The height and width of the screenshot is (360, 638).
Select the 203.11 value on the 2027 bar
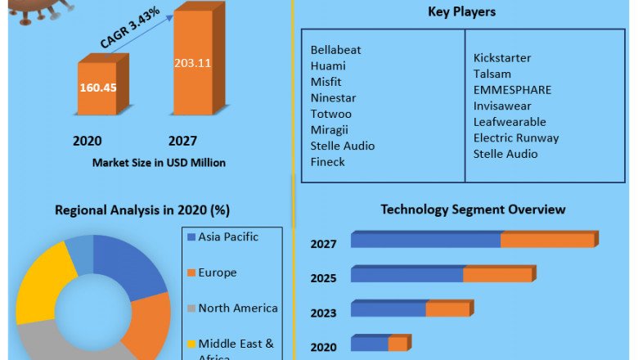pyautogui.click(x=192, y=62)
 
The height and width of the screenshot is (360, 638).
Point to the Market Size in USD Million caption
pyautogui.click(x=159, y=163)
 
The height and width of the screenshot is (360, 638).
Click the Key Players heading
pyautogui.click(x=461, y=12)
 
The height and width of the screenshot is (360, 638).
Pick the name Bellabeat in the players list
pyautogui.click(x=335, y=50)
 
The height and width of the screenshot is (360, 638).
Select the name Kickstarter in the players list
pyautogui.click(x=502, y=58)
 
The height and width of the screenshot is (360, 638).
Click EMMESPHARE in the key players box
pyautogui.click(x=512, y=90)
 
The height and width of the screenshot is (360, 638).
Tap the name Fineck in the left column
pyautogui.click(x=327, y=162)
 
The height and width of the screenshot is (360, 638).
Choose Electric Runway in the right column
pyautogui.click(x=515, y=137)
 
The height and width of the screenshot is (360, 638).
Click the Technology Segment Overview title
pyautogui.click(x=473, y=209)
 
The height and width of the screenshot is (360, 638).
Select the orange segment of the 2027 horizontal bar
pyautogui.click(x=547, y=240)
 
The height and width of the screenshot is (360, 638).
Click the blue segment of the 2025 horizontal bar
pyautogui.click(x=407, y=275)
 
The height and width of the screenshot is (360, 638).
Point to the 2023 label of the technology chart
pyautogui.click(x=323, y=313)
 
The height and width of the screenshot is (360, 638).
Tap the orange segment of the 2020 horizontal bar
pyautogui.click(x=398, y=344)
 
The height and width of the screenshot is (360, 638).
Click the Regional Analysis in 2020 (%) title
pyautogui.click(x=142, y=210)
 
